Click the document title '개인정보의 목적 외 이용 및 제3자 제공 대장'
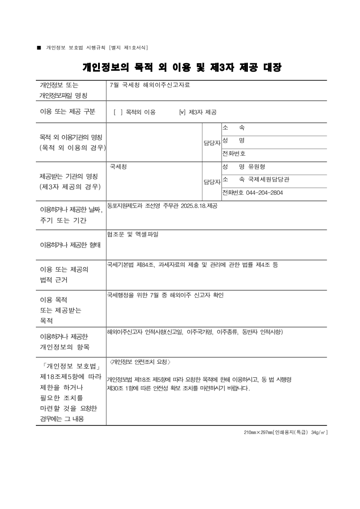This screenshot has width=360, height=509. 182,68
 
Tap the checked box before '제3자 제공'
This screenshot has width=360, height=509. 182,112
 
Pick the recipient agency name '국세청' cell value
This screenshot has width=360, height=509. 118,167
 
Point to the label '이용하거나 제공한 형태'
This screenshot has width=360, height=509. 70,245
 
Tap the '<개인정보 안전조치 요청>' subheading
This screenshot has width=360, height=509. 140,362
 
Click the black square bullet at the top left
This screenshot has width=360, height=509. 39,47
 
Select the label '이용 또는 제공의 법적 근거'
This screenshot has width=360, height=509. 64,275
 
